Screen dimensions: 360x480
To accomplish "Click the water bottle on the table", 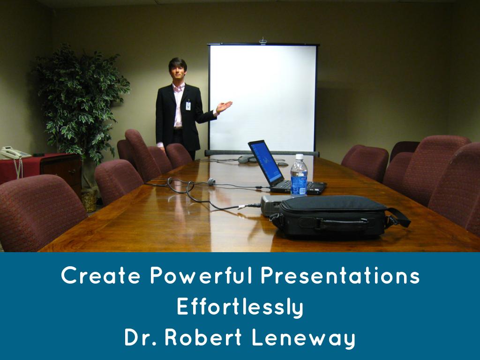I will tap(299, 176).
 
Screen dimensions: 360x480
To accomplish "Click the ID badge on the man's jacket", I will tap(188, 105).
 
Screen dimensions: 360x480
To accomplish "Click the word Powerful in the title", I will tap(202, 276).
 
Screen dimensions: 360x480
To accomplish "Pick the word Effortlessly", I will tap(240, 307).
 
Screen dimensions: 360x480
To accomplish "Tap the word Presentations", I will tap(340, 276).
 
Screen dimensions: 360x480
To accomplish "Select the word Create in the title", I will tap(101, 276).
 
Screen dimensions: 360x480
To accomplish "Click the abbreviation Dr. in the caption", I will tap(141, 338).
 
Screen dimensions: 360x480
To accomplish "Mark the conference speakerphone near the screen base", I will tap(246, 159).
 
